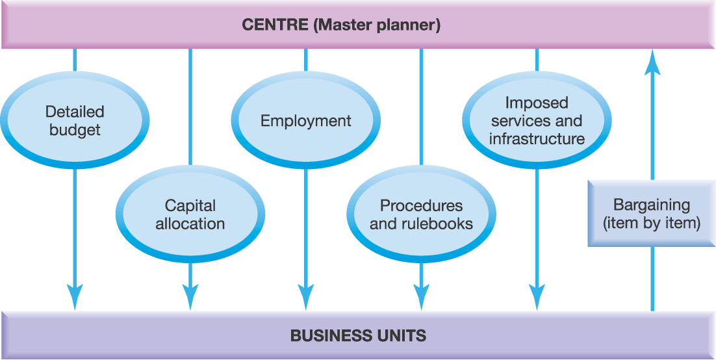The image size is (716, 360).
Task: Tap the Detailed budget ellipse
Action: (75, 121)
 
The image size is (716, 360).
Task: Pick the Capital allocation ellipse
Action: (190, 215)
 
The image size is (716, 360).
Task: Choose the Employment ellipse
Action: (306, 121)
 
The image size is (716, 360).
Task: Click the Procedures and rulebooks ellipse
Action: (421, 215)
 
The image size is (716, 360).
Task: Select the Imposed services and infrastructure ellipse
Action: (537, 121)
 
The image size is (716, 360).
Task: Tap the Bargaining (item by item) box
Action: (652, 214)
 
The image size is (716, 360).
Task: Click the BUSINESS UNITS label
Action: (358, 336)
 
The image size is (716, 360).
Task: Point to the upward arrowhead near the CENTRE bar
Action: (653, 65)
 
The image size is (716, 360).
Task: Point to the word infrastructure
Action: (537, 139)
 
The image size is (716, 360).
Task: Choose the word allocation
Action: (190, 224)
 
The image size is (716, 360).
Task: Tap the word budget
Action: (75, 130)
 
